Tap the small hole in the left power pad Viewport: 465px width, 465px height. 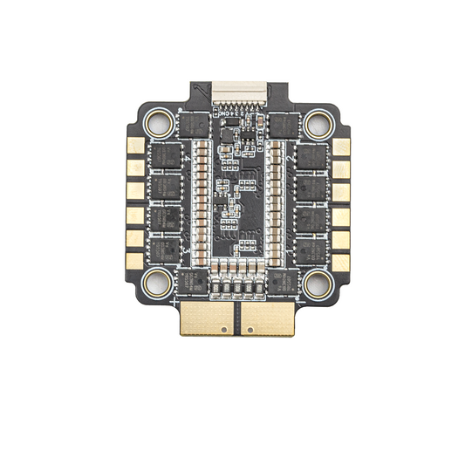[x=227, y=330]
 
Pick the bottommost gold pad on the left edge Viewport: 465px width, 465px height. [x=134, y=257]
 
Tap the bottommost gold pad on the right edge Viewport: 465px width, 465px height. [x=338, y=257]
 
